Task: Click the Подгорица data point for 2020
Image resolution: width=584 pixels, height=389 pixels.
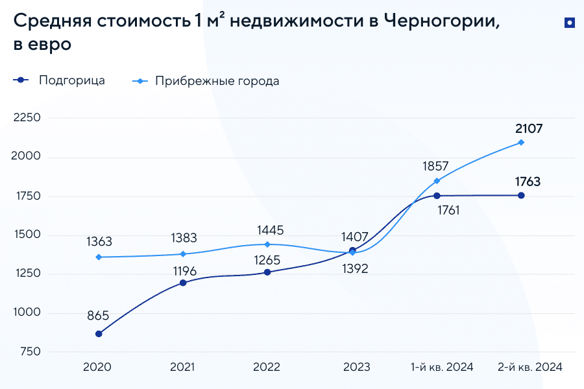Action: point(99,334)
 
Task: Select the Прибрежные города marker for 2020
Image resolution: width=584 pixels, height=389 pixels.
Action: point(99,257)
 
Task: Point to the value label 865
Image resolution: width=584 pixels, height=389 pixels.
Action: point(98,316)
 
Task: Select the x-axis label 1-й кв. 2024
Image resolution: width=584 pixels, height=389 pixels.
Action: point(442,367)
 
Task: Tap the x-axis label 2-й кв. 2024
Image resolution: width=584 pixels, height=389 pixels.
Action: point(529,367)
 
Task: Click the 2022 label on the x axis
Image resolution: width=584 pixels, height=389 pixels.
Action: point(267,367)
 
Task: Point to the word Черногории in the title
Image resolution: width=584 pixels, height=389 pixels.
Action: point(442,21)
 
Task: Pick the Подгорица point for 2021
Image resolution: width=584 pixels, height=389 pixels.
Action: point(183,283)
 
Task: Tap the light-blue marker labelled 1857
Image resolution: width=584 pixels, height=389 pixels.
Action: point(437,181)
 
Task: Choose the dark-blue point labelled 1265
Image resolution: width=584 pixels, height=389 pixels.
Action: point(267,272)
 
